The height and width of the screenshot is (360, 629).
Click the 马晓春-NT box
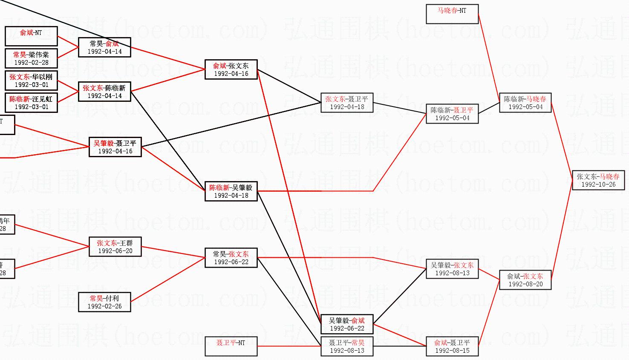(452, 14)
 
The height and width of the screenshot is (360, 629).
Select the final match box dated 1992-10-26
(598, 180)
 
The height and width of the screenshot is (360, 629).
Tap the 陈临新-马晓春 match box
(525, 103)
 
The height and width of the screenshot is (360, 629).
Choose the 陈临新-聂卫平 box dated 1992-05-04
(452, 114)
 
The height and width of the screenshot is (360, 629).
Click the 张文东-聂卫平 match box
(347, 103)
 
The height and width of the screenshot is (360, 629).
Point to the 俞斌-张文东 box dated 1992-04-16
(231, 69)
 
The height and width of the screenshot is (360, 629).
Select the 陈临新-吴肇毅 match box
(231, 191)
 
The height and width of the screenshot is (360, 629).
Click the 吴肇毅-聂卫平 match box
(115, 147)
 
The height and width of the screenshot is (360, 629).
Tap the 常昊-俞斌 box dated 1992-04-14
(104, 47)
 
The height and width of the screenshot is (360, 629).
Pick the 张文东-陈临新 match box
(104, 92)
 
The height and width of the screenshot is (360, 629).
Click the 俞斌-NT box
(31, 36)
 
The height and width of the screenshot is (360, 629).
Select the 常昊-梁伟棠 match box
(31, 58)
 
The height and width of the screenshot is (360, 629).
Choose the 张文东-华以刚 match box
(31, 81)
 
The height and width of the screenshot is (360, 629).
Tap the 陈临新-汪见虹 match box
(31, 103)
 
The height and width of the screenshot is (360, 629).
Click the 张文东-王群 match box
(115, 247)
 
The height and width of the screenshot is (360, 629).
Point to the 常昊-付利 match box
(104, 302)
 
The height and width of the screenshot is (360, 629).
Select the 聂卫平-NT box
(231, 346)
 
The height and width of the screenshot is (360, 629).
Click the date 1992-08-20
(525, 284)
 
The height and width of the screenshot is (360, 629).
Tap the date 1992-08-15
(452, 351)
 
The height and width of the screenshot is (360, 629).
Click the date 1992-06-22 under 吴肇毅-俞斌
(347, 328)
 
